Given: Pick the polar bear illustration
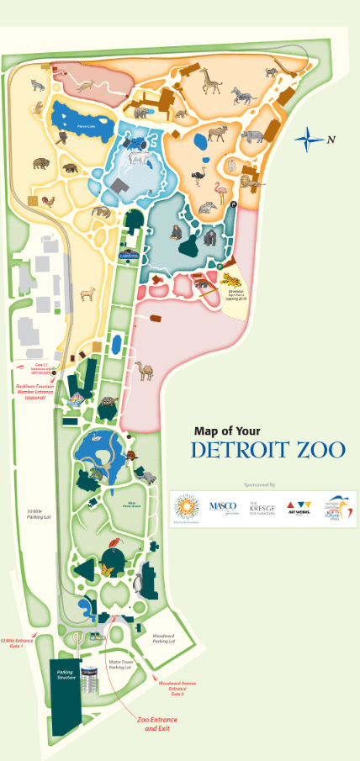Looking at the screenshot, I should point(136,157).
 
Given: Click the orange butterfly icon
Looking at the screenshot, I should point(107,570).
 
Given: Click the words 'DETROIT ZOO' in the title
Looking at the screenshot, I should point(267,450).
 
